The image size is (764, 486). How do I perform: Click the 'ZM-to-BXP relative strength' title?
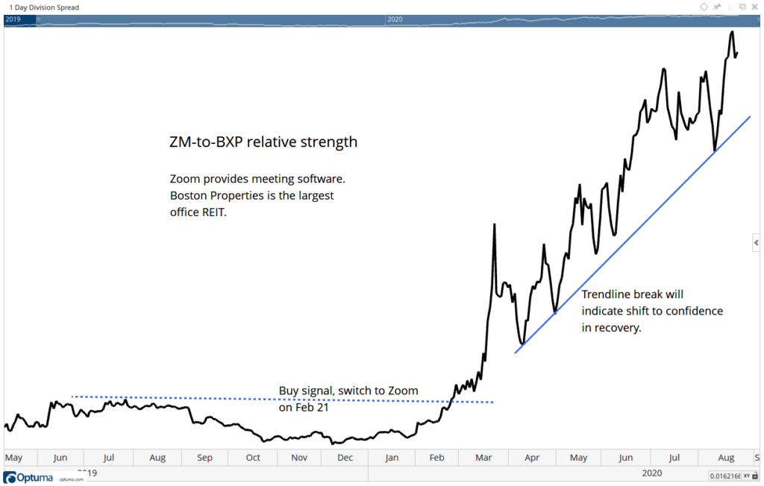click(263, 142)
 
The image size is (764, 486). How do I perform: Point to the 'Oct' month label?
click(253, 457)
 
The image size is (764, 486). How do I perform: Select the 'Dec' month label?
click(345, 457)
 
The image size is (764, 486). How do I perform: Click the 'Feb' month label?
click(438, 457)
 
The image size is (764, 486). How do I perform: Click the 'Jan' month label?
click(392, 457)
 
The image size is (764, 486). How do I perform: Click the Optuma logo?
click(28, 477)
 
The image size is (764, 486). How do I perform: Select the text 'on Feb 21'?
click(304, 407)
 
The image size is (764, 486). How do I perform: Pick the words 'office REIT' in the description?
click(201, 212)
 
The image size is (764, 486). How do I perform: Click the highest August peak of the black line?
click(732, 31)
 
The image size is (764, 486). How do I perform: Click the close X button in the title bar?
click(755, 7)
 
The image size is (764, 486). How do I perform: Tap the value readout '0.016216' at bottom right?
click(724, 475)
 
